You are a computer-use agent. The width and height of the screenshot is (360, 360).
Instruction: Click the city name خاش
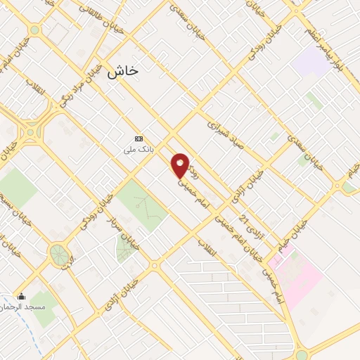click(123, 71)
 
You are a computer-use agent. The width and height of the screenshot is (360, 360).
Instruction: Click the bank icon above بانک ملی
click(138, 139)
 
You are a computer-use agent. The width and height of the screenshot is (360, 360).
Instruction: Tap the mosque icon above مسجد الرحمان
click(22, 296)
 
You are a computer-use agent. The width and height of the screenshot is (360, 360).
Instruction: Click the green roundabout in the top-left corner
click(34, 30)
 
